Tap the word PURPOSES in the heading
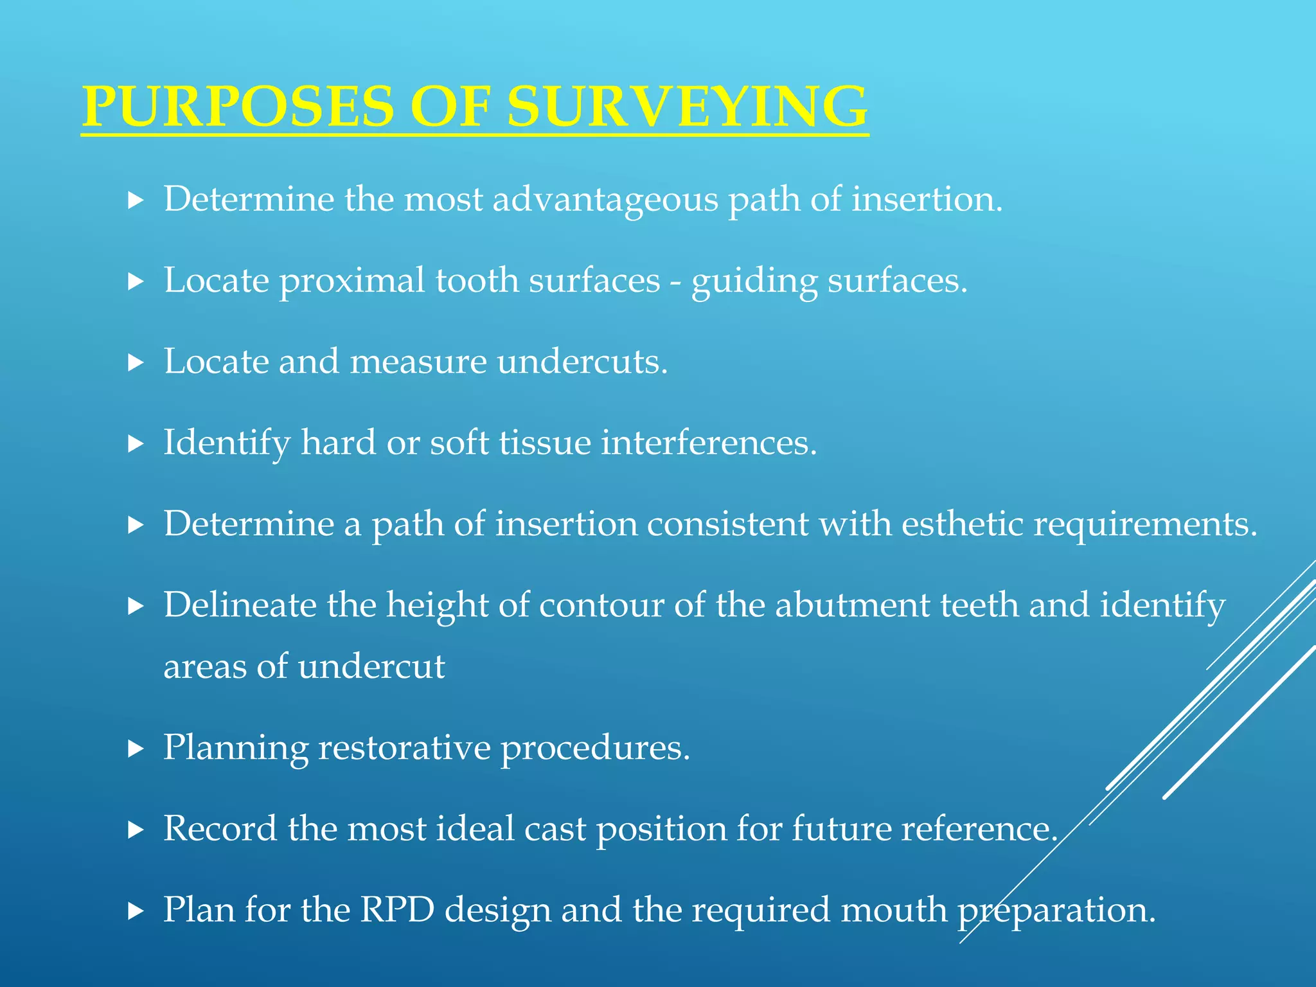(x=237, y=107)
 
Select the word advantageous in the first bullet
(x=605, y=200)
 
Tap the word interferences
(x=709, y=443)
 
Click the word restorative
(x=404, y=749)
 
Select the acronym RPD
(x=397, y=911)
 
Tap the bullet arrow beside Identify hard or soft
(x=135, y=444)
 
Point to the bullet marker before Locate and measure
(x=135, y=363)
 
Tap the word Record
(x=220, y=829)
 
